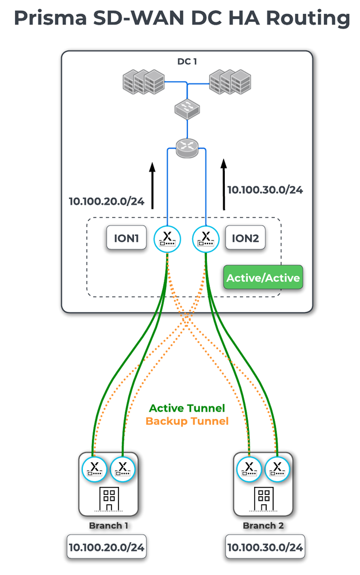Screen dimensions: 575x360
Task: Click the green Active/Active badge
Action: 263,278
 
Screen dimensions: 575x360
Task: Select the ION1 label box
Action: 125,238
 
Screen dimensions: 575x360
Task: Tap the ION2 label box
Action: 245,238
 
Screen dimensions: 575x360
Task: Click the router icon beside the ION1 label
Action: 167,238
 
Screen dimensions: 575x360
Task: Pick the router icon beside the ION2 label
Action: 205,238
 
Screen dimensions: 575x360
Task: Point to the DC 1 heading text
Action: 187,60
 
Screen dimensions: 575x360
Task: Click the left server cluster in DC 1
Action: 143,82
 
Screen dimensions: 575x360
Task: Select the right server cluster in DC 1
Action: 231,82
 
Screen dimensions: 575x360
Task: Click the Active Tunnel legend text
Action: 187,408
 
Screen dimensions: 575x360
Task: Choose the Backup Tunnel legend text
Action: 187,421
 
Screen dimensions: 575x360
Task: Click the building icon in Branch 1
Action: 108,498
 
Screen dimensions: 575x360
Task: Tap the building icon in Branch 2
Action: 263,498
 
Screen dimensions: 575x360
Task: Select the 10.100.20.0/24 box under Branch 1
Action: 106,547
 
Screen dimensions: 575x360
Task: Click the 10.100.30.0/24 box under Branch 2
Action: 265,547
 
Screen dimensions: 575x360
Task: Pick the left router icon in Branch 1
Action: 94,469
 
